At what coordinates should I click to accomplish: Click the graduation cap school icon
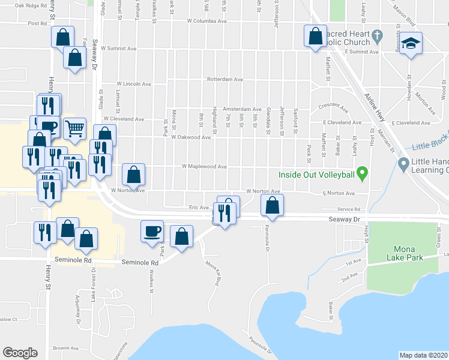click(412, 44)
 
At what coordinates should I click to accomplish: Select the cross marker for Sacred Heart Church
click(376, 36)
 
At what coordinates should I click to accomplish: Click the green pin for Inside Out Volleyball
click(361, 173)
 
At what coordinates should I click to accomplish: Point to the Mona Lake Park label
click(408, 253)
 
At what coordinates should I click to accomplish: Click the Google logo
click(20, 353)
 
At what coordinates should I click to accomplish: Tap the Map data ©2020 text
click(424, 355)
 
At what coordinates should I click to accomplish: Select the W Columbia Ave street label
click(206, 20)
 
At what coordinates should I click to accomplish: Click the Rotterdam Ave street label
click(224, 79)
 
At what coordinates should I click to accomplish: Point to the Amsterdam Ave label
click(242, 109)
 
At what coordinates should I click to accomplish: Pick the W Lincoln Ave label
click(133, 83)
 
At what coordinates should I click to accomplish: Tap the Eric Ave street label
click(198, 208)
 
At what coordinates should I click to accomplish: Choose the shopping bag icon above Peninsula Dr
click(273, 205)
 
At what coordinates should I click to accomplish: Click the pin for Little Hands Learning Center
click(403, 163)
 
